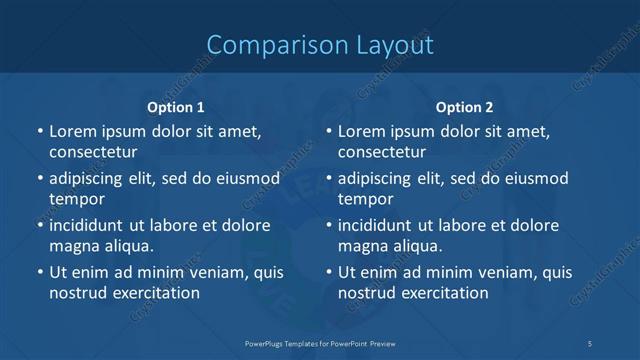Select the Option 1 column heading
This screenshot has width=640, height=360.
[176, 107]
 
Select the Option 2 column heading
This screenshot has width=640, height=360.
[465, 107]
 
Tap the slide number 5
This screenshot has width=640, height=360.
[589, 343]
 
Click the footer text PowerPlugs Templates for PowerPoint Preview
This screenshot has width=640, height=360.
[320, 343]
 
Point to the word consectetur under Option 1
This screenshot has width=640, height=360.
[93, 152]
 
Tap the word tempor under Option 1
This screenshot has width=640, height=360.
[77, 199]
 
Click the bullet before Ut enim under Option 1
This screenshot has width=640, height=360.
[40, 272]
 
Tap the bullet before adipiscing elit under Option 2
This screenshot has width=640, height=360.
[329, 178]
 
